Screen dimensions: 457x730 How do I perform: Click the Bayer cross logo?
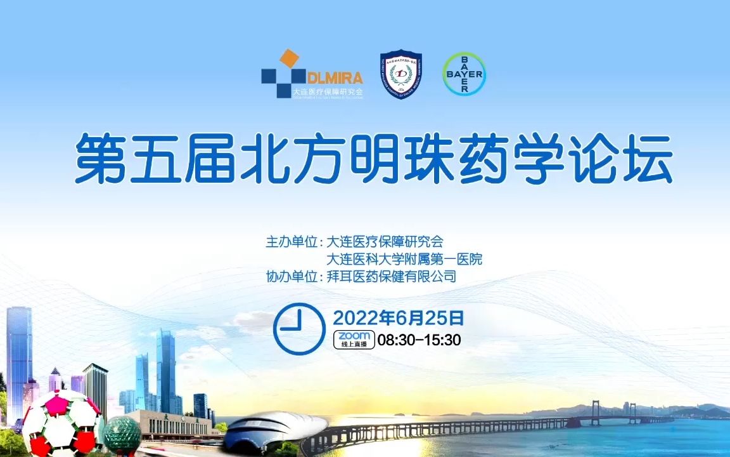click(464, 74)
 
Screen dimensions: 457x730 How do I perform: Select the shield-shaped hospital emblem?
click(400, 75)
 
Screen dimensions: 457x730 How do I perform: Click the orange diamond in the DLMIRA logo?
click(289, 58)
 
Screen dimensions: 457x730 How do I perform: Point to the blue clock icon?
click(299, 328)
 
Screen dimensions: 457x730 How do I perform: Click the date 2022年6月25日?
click(399, 317)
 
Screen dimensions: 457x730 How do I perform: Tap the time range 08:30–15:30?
click(419, 340)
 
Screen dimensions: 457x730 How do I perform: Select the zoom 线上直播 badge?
click(354, 340)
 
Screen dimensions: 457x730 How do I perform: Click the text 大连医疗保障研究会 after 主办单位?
click(385, 242)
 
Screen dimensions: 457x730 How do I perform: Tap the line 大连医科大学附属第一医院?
click(404, 260)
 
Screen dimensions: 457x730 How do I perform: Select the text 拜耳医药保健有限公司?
click(391, 277)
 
